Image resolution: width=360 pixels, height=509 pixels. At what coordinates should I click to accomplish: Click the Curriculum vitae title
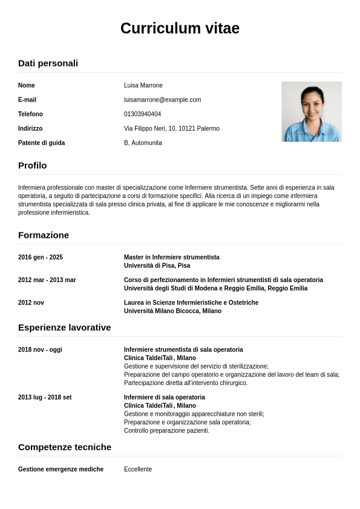[180, 28]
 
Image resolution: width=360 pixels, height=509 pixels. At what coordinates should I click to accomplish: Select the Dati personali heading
[48, 63]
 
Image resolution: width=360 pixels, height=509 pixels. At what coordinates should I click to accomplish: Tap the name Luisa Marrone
[143, 85]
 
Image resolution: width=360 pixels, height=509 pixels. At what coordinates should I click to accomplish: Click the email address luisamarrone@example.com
[162, 100]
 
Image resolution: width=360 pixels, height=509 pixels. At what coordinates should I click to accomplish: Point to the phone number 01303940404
[142, 114]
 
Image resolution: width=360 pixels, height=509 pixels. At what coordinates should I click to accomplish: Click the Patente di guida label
[41, 143]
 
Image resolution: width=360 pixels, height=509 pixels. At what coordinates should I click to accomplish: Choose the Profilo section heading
[32, 165]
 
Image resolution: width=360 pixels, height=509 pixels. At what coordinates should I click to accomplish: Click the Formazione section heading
[44, 235]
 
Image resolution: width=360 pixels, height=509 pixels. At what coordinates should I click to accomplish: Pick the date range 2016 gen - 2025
[41, 257]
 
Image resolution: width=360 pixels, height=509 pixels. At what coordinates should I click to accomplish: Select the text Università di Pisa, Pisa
[157, 266]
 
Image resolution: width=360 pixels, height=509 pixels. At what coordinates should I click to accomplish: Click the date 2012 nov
[31, 303]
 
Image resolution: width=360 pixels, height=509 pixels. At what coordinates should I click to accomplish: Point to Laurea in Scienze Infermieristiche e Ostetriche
[191, 303]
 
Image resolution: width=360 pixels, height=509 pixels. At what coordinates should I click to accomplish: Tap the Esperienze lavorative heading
[64, 327]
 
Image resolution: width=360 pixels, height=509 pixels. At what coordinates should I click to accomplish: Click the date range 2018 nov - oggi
[40, 350]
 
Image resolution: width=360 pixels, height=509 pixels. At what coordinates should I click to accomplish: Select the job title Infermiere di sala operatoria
[164, 398]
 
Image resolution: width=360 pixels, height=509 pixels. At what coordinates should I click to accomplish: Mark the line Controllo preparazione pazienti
[166, 431]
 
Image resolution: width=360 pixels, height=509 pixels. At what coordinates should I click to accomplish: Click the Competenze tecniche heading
[65, 447]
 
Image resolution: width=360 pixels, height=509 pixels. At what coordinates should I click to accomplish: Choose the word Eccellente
[138, 470]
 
